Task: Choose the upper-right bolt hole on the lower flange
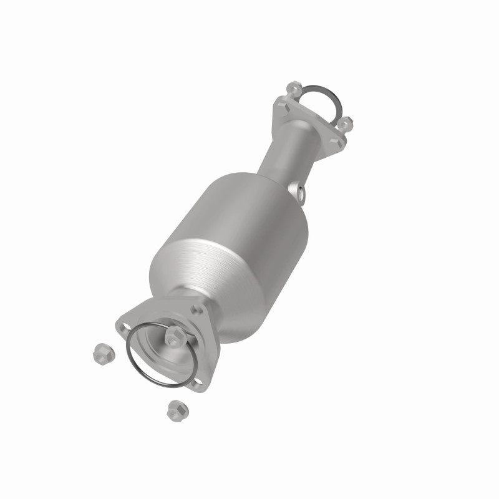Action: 200,310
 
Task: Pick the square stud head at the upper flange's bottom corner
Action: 339,142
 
